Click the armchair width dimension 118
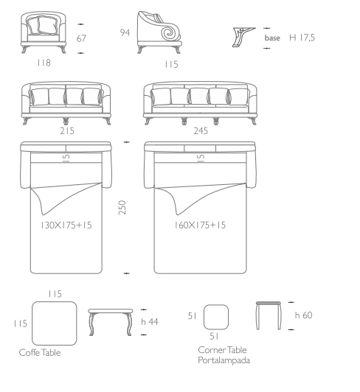point(44,63)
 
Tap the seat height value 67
point(81,38)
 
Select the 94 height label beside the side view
point(125,32)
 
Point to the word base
point(272,38)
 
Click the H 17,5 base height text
point(302,38)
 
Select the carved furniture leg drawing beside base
point(243,38)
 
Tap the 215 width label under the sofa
point(67,130)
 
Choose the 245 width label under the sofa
point(201,130)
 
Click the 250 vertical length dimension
point(122,207)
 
